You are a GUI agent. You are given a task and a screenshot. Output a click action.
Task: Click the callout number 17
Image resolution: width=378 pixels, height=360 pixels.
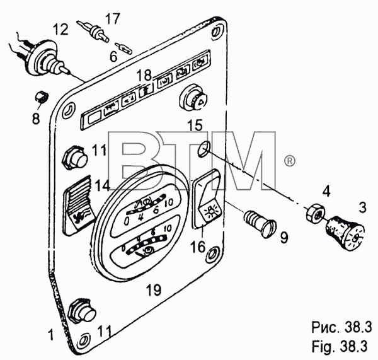(x=112, y=19)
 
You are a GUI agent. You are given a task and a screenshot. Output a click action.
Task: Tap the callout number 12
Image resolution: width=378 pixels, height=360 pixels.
(x=60, y=30)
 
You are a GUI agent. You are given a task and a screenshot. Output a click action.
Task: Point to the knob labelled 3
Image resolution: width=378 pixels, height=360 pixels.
(x=345, y=233)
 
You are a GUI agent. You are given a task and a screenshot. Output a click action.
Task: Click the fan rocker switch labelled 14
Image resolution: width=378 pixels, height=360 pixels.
(x=78, y=205)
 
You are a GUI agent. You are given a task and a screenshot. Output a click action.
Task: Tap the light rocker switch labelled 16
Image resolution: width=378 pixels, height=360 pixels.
(x=208, y=199)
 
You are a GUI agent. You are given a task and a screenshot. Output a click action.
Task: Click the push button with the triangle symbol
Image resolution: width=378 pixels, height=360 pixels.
(x=194, y=98)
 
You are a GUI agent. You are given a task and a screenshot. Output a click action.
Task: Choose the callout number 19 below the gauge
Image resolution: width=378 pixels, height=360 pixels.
(x=154, y=289)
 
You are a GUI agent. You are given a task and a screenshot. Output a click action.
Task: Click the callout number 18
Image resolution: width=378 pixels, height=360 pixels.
(x=144, y=75)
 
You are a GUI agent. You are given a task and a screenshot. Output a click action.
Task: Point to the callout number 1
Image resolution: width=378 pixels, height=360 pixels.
(x=50, y=335)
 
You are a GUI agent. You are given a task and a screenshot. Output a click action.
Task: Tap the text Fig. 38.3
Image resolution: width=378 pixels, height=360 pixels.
(x=340, y=346)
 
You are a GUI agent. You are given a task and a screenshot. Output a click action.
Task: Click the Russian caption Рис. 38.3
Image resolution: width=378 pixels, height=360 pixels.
(x=341, y=328)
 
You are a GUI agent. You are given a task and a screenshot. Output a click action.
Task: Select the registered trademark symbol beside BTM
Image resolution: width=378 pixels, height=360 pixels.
(x=289, y=161)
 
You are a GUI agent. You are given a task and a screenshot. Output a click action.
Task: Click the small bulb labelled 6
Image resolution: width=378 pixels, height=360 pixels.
(x=123, y=48)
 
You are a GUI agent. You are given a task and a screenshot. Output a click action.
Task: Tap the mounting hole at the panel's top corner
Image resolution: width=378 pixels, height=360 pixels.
(x=215, y=32)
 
